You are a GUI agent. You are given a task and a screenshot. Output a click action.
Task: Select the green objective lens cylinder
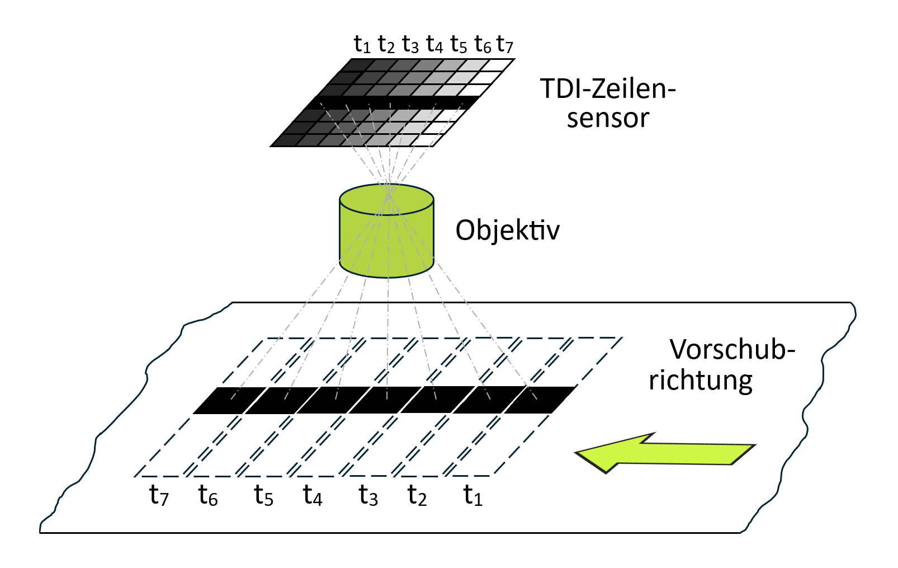click(x=386, y=241)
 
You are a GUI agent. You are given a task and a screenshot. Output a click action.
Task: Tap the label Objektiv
click(x=507, y=230)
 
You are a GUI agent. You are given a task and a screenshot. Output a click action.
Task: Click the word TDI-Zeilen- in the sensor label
click(x=607, y=89)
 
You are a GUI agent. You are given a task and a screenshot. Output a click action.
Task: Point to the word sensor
click(x=607, y=119)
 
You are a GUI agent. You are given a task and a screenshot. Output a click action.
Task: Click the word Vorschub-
click(x=731, y=350)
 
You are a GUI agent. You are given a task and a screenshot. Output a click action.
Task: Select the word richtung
click(x=700, y=381)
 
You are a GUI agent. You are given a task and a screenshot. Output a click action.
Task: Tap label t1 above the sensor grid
click(x=362, y=44)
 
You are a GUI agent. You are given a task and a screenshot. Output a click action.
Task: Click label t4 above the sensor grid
click(x=434, y=44)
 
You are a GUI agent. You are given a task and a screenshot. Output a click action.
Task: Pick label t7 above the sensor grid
click(x=504, y=44)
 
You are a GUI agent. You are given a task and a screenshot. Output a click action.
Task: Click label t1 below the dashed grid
click(x=472, y=495)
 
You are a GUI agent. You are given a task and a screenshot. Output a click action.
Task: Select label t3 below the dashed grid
click(x=368, y=495)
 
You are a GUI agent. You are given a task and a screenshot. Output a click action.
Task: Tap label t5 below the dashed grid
click(x=263, y=495)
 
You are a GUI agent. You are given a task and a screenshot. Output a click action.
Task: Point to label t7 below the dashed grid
click(x=159, y=495)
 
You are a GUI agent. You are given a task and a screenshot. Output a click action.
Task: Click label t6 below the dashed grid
click(x=207, y=495)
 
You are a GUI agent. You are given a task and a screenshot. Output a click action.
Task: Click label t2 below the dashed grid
click(x=417, y=495)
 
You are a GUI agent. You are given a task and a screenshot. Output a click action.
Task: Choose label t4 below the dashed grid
click(x=313, y=495)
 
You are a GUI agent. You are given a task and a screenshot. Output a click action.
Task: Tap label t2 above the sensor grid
click(x=386, y=44)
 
